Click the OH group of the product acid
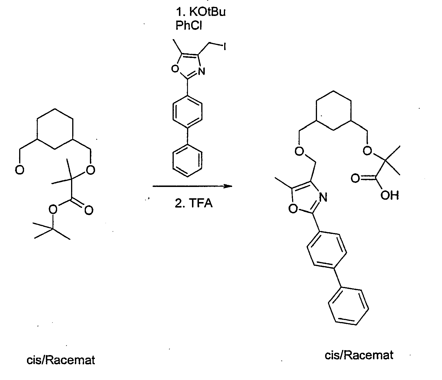coord(390,195)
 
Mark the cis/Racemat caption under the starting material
coord(61,360)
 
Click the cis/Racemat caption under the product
coord(359,355)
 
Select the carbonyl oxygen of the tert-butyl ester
coord(89,210)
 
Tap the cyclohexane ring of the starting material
coord(55,129)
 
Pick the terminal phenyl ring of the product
coord(349,306)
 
